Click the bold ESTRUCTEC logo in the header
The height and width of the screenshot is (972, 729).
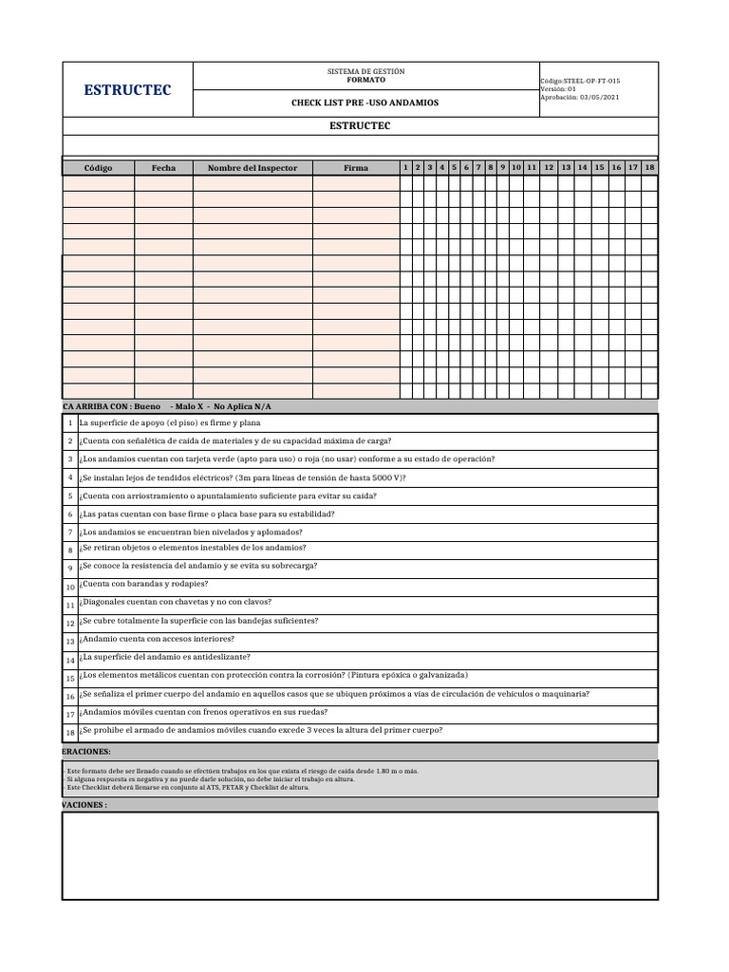pyautogui.click(x=127, y=90)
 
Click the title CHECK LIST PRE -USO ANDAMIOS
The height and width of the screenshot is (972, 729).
pyautogui.click(x=364, y=103)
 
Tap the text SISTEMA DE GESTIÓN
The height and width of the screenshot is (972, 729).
pyautogui.click(x=365, y=72)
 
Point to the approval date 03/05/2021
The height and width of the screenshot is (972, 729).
pyautogui.click(x=598, y=98)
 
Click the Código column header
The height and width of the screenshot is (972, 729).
pyautogui.click(x=98, y=168)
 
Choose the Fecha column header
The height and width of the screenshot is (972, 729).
pyautogui.click(x=163, y=168)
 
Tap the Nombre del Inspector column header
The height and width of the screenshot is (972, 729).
pyautogui.click(x=252, y=168)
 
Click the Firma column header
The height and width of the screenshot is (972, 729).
pyautogui.click(x=356, y=168)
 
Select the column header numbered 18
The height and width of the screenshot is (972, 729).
pyautogui.click(x=649, y=167)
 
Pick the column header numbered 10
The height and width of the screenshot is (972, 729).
pyautogui.click(x=516, y=167)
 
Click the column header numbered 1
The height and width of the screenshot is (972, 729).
pyautogui.click(x=405, y=167)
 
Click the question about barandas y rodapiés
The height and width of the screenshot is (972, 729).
pyautogui.click(x=143, y=584)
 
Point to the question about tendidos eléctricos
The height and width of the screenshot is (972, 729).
pyautogui.click(x=242, y=477)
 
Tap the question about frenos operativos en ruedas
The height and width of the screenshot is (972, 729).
pyautogui.click(x=203, y=712)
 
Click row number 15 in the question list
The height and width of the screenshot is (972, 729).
pyautogui.click(x=70, y=678)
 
